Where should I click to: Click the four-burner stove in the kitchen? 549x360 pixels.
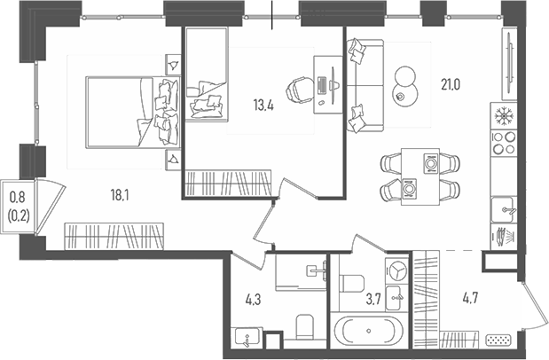(x=503, y=144)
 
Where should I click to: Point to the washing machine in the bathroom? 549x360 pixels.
(x=397, y=270)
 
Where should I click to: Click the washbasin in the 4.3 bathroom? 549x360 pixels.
(x=244, y=337)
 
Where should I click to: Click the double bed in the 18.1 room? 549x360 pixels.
(x=129, y=110)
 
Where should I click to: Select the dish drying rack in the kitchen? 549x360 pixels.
(x=503, y=237)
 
